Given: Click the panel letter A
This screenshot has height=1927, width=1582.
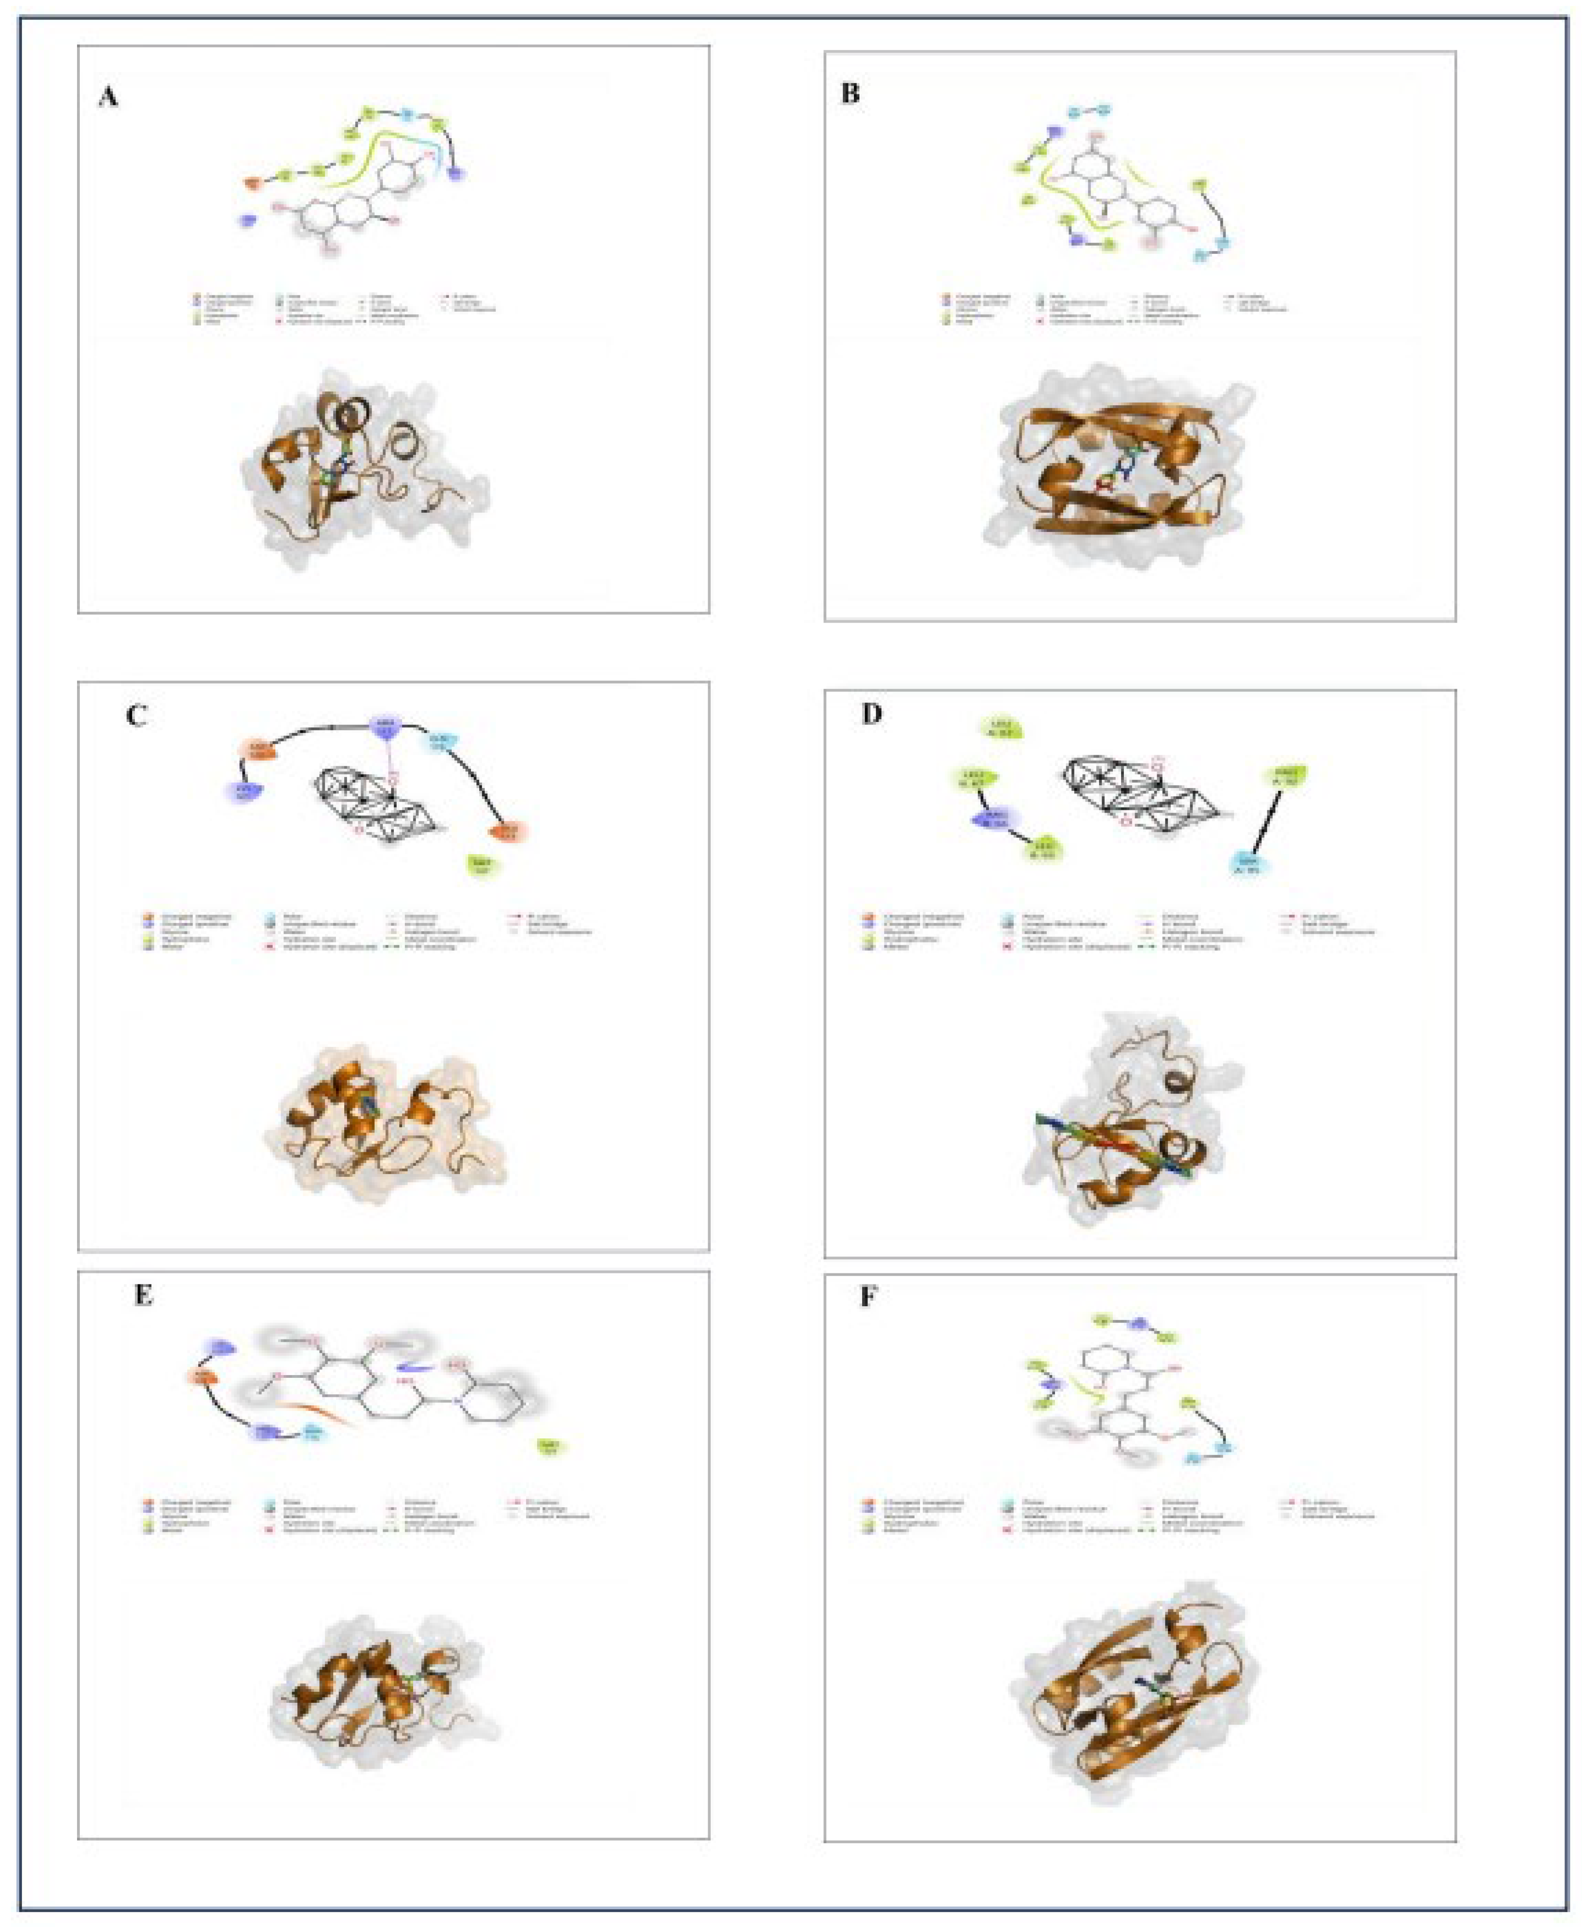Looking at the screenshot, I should click(108, 96).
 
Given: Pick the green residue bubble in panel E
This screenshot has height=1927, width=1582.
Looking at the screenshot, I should click(548, 1446).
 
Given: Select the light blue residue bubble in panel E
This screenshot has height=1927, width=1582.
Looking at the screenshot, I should click(313, 1434).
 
